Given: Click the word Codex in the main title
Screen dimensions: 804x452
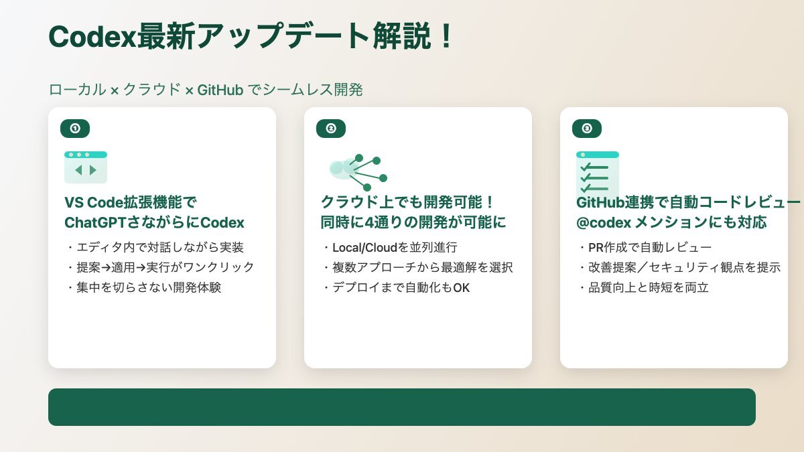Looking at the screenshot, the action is click(92, 36).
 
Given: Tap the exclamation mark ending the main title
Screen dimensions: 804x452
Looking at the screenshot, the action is click(446, 36).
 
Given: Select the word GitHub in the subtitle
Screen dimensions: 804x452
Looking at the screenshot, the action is click(220, 90).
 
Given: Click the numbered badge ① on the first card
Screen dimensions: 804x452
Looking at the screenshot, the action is click(75, 129).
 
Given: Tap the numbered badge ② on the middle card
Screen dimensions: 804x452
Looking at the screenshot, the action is click(331, 129).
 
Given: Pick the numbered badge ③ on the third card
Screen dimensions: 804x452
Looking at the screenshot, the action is click(587, 129).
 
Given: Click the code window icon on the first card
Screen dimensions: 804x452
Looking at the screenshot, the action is click(86, 167).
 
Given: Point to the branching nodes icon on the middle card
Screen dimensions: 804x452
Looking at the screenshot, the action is click(358, 172).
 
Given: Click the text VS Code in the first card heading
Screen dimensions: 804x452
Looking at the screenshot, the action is click(94, 203).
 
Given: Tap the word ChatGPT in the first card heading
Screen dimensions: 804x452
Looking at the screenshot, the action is click(95, 223).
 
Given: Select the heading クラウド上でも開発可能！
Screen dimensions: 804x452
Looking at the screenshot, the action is click(408, 202).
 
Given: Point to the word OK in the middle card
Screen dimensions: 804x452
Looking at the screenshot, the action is click(461, 288).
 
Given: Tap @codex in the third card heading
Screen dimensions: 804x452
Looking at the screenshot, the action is click(604, 223).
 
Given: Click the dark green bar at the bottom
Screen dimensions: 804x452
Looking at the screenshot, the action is click(402, 407).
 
